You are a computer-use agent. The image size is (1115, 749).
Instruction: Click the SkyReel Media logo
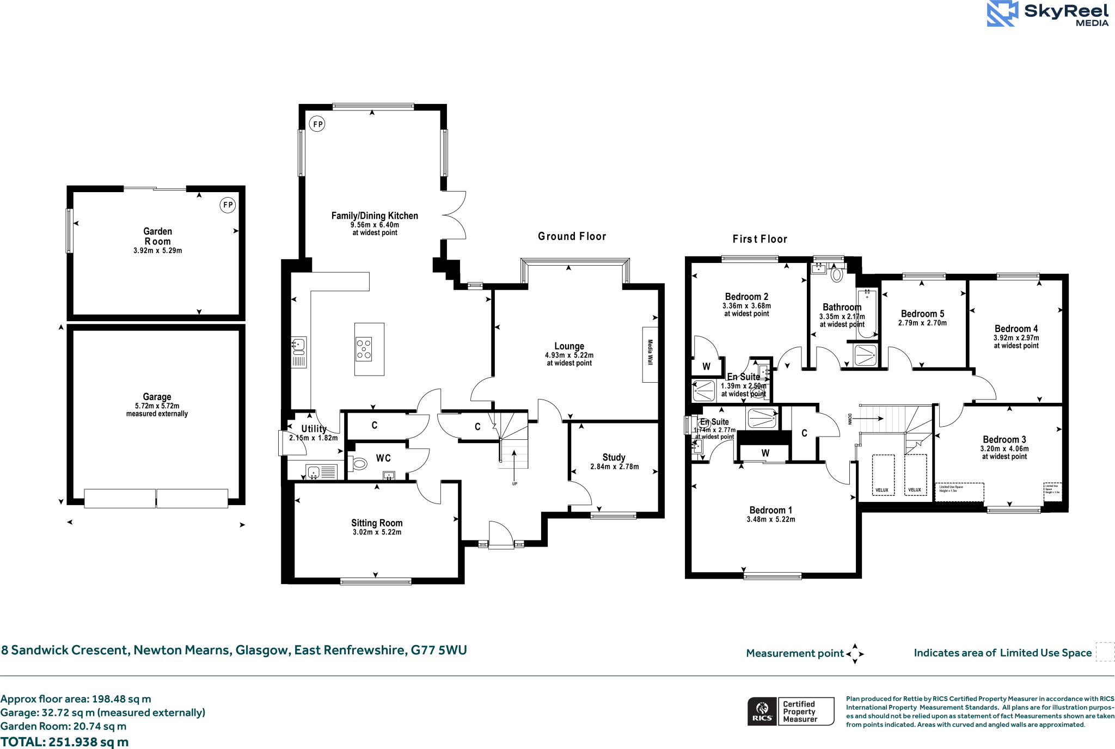pyautogui.click(x=1047, y=14)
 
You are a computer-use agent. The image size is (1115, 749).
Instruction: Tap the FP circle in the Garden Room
pyautogui.click(x=228, y=205)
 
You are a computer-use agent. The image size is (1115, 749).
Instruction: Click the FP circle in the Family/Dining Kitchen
pyautogui.click(x=317, y=124)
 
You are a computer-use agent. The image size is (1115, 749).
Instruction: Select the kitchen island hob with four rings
pyautogui.click(x=364, y=349)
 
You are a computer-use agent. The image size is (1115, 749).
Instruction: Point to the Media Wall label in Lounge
pyautogui.click(x=650, y=353)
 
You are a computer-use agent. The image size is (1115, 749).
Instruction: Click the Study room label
pyautogui.click(x=614, y=457)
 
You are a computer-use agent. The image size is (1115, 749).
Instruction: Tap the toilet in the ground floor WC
pyautogui.click(x=359, y=464)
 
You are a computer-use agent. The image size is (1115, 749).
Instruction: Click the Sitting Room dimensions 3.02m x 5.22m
pyautogui.click(x=377, y=532)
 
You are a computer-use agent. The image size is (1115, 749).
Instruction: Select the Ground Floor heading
pyautogui.click(x=572, y=236)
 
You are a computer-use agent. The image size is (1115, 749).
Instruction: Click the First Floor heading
pyautogui.click(x=759, y=239)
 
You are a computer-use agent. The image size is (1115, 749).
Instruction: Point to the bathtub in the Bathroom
pyautogui.click(x=867, y=313)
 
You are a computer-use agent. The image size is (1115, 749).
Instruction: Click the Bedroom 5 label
pyautogui.click(x=922, y=314)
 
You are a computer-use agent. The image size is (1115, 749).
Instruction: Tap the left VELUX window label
pyautogui.click(x=881, y=490)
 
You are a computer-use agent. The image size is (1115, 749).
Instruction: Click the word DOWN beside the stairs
pyautogui.click(x=849, y=419)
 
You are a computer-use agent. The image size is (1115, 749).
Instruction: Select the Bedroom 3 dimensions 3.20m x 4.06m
pyautogui.click(x=1004, y=449)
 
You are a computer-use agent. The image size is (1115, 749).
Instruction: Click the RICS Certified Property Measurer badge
pyautogui.click(x=791, y=711)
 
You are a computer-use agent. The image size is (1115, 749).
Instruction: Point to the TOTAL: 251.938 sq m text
pyautogui.click(x=64, y=742)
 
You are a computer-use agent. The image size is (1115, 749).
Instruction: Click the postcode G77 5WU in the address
pyautogui.click(x=439, y=650)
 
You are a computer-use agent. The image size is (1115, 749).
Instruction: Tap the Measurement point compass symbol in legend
pyautogui.click(x=855, y=653)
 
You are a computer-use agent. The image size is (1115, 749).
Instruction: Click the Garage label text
pyautogui.click(x=157, y=397)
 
